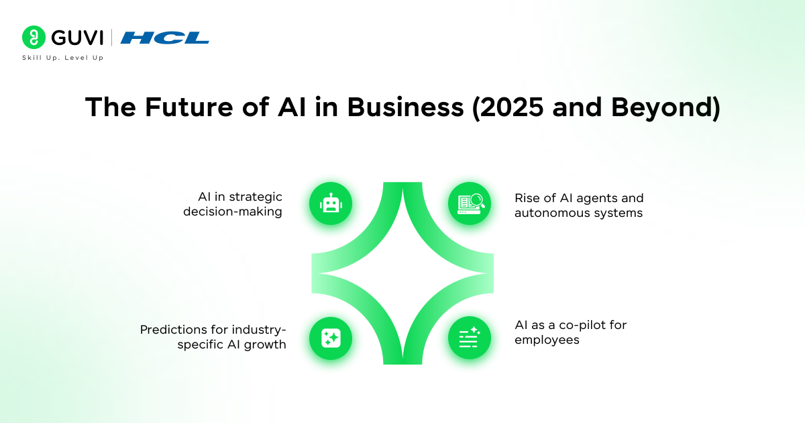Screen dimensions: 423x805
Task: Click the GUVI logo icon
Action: click(34, 38)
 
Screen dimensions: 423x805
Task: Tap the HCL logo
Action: click(165, 38)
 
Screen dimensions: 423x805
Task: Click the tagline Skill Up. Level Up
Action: click(62, 58)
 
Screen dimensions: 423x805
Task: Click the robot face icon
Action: click(331, 203)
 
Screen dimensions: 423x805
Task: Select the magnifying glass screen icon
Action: click(470, 203)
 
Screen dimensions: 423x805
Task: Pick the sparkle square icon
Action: click(331, 338)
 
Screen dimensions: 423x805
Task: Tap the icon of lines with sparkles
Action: click(470, 338)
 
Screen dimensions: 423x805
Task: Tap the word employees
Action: click(547, 340)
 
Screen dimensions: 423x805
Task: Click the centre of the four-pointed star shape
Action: click(402, 273)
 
